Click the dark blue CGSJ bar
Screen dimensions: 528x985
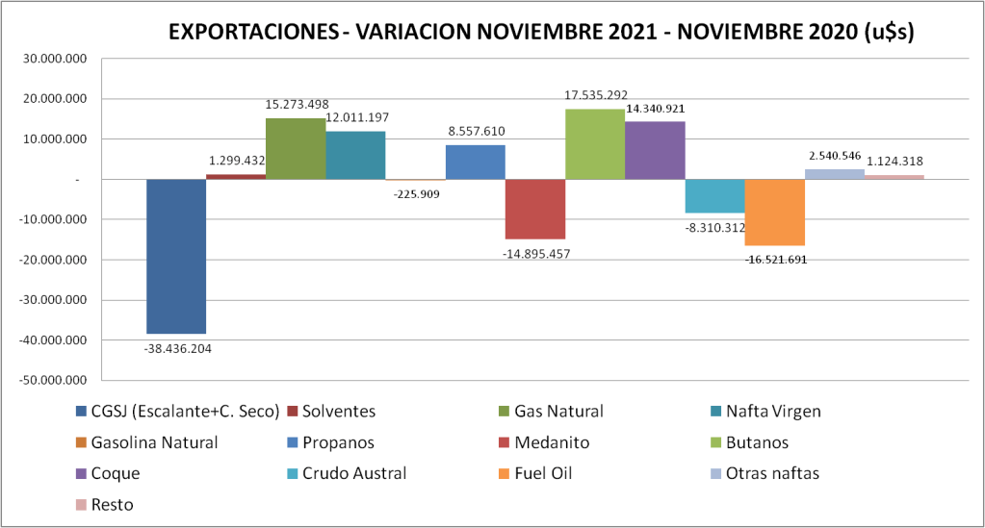coord(176,256)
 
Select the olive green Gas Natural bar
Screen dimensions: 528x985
coord(296,148)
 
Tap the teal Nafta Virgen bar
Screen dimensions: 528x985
coord(355,155)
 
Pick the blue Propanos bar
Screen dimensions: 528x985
coord(475,162)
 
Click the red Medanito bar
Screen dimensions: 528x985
coord(534,209)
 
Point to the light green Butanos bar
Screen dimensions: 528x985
coord(595,144)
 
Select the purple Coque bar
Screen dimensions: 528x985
coord(655,150)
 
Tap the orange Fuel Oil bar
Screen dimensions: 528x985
coord(774,213)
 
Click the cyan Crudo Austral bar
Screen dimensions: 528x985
coord(714,196)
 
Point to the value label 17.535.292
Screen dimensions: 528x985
coord(595,95)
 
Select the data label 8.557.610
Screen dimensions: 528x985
coord(475,132)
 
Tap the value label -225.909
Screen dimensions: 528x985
coord(417,193)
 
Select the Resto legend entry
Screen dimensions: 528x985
coord(112,504)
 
